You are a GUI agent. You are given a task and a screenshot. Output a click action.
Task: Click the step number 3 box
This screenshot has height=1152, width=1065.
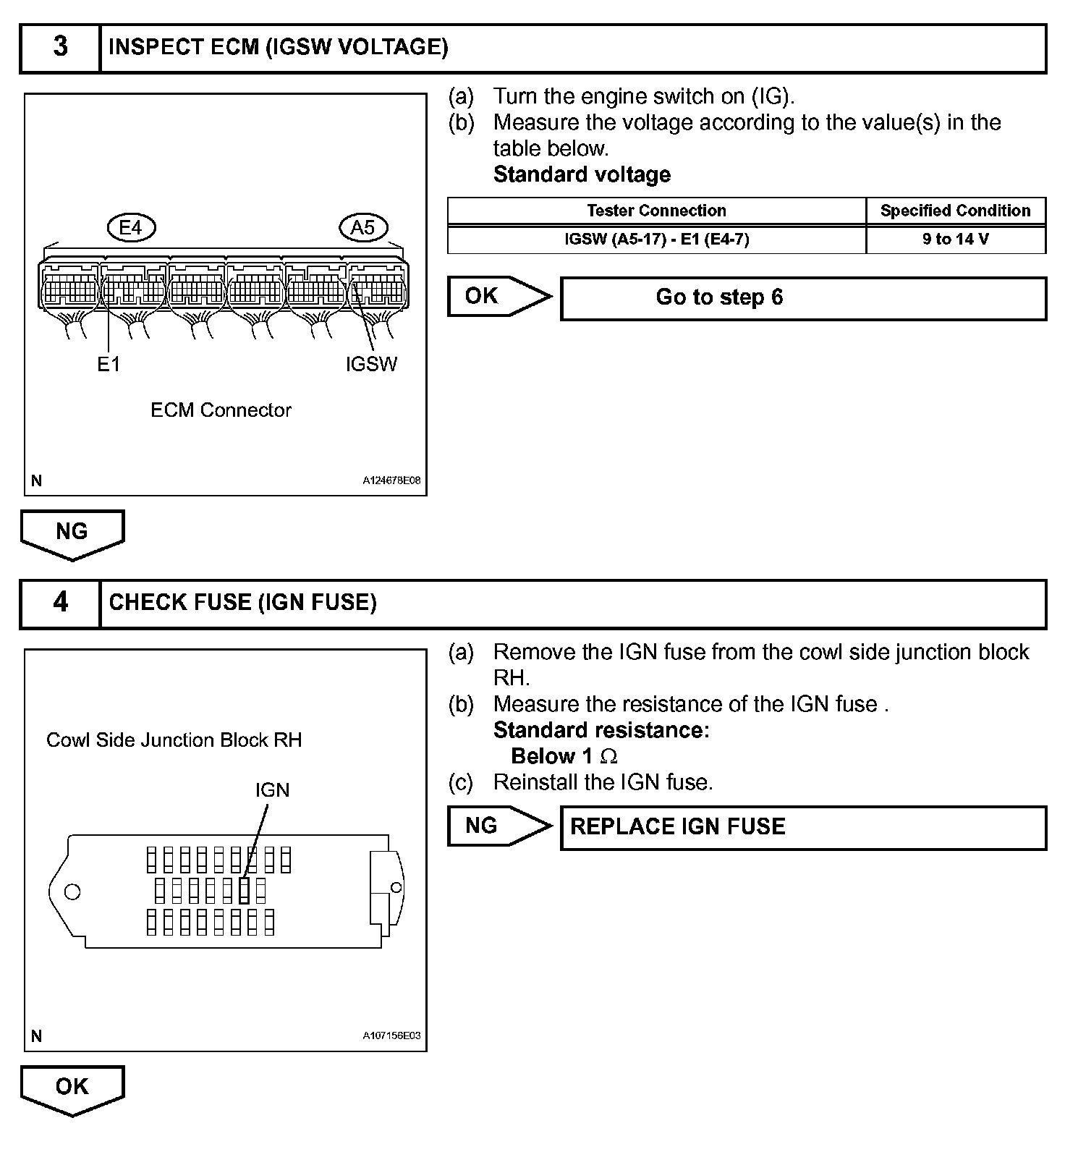(x=60, y=48)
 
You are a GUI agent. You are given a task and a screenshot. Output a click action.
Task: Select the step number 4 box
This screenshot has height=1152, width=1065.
(x=60, y=603)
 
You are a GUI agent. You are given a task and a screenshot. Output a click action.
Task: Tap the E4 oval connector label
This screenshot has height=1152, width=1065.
(x=131, y=228)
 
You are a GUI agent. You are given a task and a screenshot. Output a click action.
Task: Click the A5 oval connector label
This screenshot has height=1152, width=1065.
(x=363, y=228)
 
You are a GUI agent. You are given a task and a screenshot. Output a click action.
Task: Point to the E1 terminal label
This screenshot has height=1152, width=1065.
(x=109, y=365)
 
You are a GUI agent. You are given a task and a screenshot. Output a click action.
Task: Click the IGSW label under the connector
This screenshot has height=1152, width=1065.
(x=371, y=364)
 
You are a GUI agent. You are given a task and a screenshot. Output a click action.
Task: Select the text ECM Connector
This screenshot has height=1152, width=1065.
(x=221, y=410)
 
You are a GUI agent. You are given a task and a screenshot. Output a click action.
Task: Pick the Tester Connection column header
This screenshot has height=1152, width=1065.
(x=656, y=211)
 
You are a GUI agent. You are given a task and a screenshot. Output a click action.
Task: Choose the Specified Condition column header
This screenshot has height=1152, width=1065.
(x=955, y=211)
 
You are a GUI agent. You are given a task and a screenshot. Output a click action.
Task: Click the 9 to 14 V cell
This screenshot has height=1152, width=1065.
(x=955, y=240)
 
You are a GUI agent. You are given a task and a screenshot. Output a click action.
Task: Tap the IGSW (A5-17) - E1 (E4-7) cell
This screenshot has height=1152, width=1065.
(x=656, y=240)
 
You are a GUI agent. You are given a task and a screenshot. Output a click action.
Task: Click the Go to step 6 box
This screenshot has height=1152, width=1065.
(x=803, y=297)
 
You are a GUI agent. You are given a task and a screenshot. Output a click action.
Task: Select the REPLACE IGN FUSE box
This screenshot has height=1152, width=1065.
(x=803, y=827)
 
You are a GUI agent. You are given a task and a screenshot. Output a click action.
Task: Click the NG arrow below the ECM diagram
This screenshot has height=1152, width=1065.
(x=72, y=533)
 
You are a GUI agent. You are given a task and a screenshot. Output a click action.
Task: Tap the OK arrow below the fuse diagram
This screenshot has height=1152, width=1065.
(x=72, y=1088)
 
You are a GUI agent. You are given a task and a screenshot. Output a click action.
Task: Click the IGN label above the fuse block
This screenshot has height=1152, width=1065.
(x=272, y=790)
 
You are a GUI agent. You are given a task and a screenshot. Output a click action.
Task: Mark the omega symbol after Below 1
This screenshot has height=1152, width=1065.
(x=609, y=757)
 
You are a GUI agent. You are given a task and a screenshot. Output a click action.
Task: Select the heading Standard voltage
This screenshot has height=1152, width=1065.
(x=582, y=174)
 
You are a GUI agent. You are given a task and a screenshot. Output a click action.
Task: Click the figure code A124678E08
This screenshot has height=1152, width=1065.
(x=391, y=480)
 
